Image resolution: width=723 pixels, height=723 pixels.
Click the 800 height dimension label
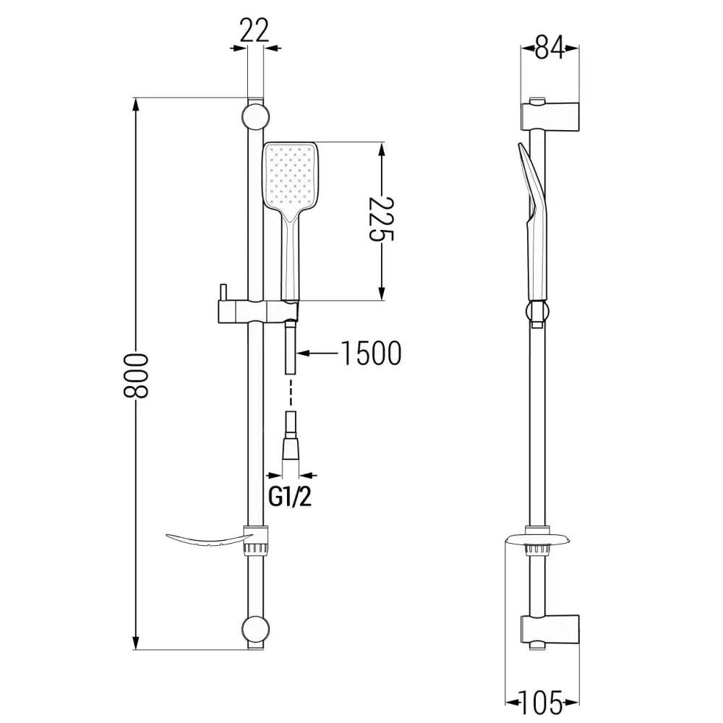pyautogui.click(x=136, y=375)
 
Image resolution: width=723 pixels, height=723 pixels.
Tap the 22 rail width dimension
pyautogui.click(x=253, y=30)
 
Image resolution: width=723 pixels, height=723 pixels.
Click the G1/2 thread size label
pyautogui.click(x=292, y=497)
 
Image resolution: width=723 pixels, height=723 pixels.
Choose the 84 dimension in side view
pyautogui.click(x=549, y=48)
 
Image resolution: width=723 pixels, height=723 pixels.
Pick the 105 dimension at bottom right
pyautogui.click(x=542, y=701)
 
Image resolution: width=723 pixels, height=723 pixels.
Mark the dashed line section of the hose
pyautogui.click(x=291, y=397)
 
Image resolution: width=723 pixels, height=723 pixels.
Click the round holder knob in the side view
pyautogui.click(x=536, y=312)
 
